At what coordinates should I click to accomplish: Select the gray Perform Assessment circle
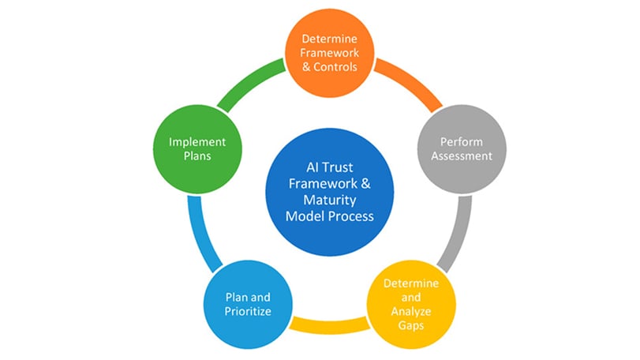click(x=466, y=148)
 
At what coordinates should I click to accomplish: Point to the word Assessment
click(x=466, y=156)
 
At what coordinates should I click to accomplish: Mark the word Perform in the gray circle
click(x=466, y=141)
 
